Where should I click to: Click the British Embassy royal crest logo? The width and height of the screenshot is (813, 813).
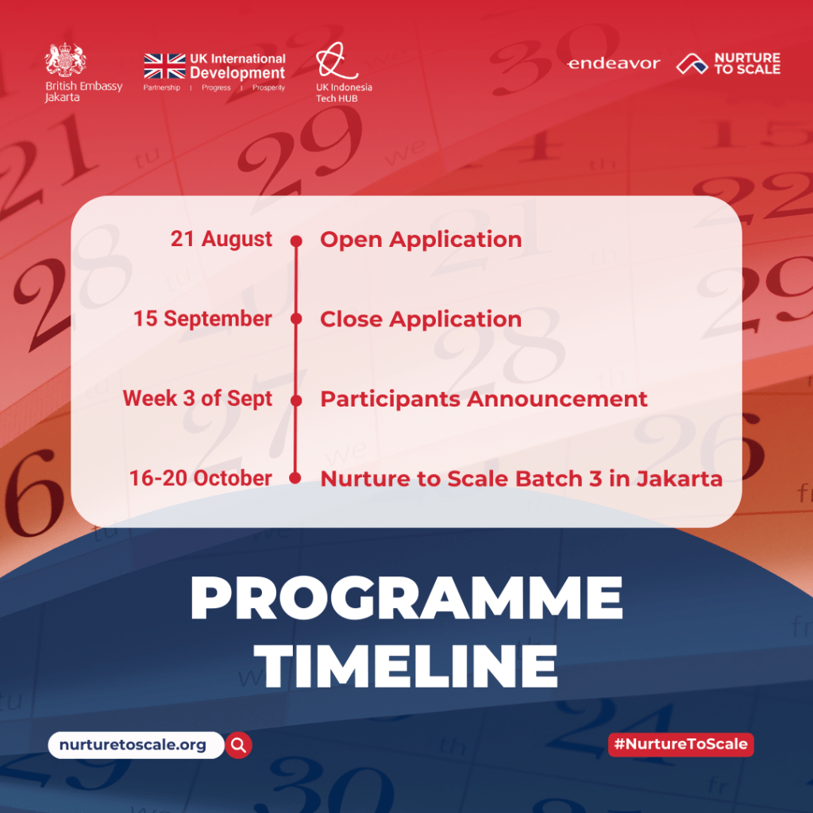65,60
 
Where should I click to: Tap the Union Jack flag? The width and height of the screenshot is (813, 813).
164,67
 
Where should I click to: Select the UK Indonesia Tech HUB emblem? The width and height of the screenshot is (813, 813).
336,60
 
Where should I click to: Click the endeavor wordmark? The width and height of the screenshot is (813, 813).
614,64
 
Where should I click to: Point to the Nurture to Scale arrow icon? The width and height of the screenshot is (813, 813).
692,64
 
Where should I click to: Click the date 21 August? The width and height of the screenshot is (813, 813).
222,239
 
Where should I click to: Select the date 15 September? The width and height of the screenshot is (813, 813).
202,319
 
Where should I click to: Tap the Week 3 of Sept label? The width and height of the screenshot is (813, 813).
198,399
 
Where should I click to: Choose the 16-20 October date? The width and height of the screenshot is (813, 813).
201,478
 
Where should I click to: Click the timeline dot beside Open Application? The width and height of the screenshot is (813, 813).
296,241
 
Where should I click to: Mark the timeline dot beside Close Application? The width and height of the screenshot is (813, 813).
296,319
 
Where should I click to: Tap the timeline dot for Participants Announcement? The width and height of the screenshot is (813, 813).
296,400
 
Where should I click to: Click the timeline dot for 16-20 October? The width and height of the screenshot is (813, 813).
295,478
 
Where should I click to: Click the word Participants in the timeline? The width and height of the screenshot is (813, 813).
391,400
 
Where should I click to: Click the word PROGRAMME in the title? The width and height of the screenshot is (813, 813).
406,598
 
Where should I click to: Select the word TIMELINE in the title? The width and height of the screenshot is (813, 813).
405,666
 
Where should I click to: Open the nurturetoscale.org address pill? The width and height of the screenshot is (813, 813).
136,745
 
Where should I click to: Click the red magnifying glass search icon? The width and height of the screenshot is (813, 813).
238,745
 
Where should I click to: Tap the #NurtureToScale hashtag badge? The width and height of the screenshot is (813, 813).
680,745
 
